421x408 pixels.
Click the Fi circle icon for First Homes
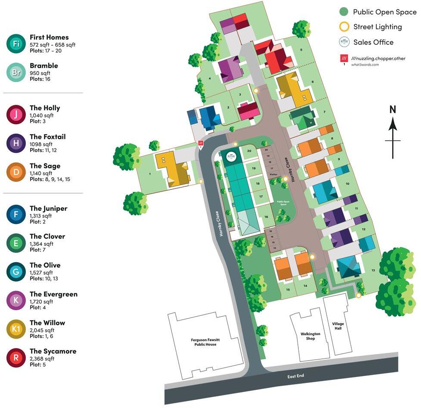pyautogui.click(x=16, y=44)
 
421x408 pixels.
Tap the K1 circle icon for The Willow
pyautogui.click(x=16, y=330)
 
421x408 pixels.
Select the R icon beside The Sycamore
pyautogui.click(x=16, y=358)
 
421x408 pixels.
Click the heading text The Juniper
pyautogui.click(x=48, y=208)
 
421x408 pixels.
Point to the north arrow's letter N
pyautogui.click(x=392, y=110)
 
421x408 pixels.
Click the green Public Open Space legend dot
pyautogui.click(x=344, y=12)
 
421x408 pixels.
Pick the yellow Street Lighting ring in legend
pyautogui.click(x=344, y=27)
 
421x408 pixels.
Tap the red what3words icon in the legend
pyautogui.click(x=344, y=58)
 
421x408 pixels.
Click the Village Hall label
pyautogui.click(x=338, y=326)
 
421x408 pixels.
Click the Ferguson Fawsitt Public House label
pyautogui.click(x=204, y=342)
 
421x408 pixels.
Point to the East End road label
pyautogui.click(x=296, y=376)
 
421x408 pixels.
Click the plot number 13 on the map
pyautogui.click(x=373, y=270)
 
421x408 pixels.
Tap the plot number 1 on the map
pyautogui.click(x=150, y=174)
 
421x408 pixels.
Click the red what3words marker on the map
pyautogui.click(x=200, y=143)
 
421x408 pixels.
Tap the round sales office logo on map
pyautogui.click(x=232, y=157)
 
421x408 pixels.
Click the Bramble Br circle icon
pyautogui.click(x=16, y=72)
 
